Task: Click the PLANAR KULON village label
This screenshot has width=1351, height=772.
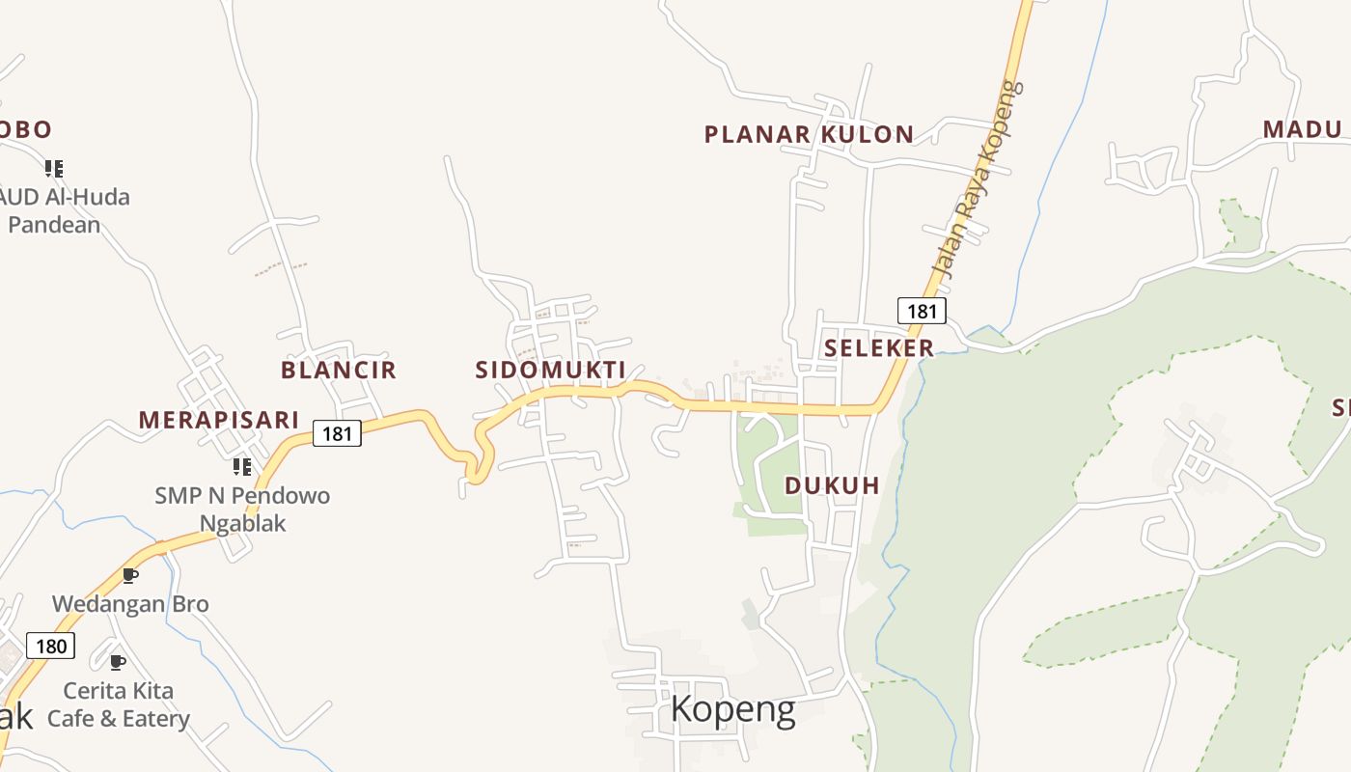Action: click(809, 134)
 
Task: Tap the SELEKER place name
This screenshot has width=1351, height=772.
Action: click(878, 347)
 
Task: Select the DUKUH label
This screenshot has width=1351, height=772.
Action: click(832, 485)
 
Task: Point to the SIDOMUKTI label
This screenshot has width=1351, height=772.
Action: click(550, 370)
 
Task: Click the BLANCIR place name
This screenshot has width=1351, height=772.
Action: click(338, 370)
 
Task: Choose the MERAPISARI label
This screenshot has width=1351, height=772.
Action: click(218, 420)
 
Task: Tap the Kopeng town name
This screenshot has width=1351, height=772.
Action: click(732, 709)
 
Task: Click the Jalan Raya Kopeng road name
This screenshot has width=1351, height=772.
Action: click(976, 178)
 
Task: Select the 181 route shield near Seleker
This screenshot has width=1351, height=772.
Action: click(922, 311)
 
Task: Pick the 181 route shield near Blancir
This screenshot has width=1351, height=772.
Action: click(337, 433)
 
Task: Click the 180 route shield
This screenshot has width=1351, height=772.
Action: click(50, 646)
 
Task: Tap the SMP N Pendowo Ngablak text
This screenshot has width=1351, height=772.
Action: click(242, 510)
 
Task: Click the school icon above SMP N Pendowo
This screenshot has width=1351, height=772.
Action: click(242, 467)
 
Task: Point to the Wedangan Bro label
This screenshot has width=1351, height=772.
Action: click(130, 604)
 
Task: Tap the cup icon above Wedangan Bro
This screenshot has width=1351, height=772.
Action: click(130, 576)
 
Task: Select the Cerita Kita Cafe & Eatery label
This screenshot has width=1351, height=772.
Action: click(118, 704)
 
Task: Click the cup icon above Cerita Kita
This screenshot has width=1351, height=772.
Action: click(118, 662)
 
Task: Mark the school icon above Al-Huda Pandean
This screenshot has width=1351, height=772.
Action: click(54, 169)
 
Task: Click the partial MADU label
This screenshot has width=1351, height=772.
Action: click(1303, 129)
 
